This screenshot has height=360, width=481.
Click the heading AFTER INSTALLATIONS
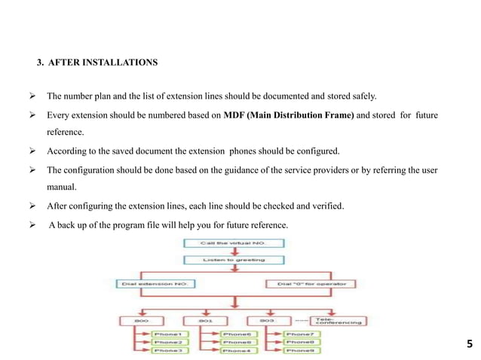click(103, 63)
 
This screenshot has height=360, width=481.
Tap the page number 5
click(470, 346)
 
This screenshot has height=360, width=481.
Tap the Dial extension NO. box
click(155, 284)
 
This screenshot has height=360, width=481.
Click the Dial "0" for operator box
click(305, 284)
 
